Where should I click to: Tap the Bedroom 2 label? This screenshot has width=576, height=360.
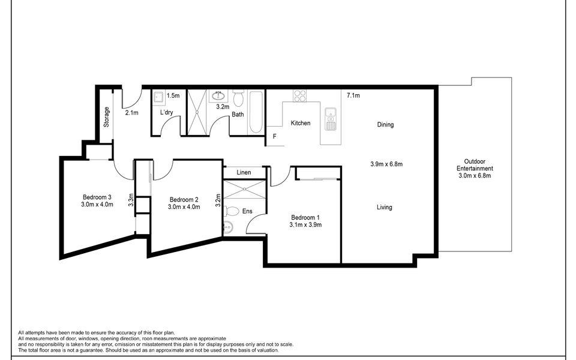[184, 200]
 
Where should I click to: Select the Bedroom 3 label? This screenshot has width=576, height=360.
[97, 197]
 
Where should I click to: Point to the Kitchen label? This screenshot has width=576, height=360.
[301, 123]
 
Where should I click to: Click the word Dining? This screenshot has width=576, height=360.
[385, 125]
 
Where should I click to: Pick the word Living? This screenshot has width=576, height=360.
[384, 207]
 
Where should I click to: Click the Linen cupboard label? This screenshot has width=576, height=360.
[244, 172]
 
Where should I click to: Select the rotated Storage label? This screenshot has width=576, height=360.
[107, 117]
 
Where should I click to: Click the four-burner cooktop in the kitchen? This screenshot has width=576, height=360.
[300, 96]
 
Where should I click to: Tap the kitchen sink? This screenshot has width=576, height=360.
[331, 119]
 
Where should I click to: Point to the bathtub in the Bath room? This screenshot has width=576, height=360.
[256, 112]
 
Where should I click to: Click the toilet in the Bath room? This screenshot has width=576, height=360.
[238, 97]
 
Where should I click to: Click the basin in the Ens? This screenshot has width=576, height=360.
[228, 228]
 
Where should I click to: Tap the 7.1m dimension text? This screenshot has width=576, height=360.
[353, 95]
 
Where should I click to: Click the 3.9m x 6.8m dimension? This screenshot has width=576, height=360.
[386, 164]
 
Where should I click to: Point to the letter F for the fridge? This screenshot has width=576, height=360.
[274, 137]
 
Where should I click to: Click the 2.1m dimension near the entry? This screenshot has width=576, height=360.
[131, 113]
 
